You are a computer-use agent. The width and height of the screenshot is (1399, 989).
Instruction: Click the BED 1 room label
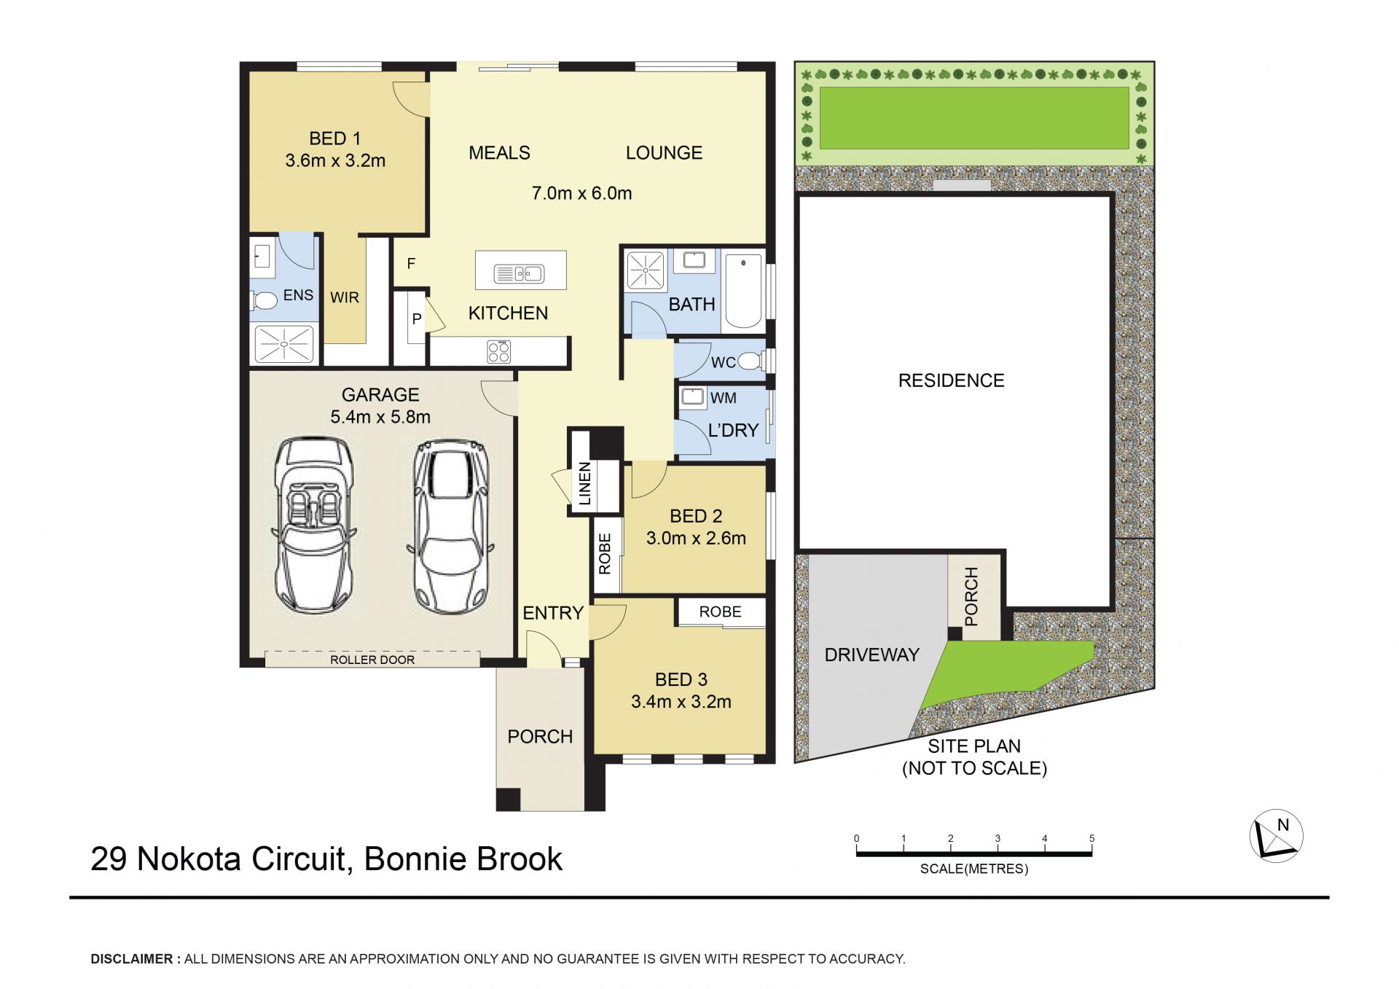point(334,138)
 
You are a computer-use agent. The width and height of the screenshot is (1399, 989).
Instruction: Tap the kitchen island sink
point(519,274)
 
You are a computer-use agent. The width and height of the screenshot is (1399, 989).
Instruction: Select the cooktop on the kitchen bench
point(499,351)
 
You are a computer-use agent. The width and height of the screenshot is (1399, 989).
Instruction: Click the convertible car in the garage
point(314,525)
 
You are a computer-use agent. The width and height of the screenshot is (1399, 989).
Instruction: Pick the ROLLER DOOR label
point(372,660)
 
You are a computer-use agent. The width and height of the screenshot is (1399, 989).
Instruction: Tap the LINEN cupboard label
point(584,483)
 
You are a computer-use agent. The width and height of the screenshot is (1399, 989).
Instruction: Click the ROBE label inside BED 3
point(720,611)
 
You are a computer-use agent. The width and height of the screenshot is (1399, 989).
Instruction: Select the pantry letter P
point(417,318)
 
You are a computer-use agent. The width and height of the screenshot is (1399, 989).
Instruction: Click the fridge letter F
point(411,263)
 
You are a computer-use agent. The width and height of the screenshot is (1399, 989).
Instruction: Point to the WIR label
point(345,297)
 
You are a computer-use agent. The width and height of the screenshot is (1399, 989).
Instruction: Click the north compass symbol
point(1277,836)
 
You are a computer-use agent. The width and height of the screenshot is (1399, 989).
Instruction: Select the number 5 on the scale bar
point(1092,838)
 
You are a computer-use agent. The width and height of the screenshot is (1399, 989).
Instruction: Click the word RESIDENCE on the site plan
point(951,380)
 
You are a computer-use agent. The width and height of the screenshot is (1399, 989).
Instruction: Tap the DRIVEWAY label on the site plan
point(871,654)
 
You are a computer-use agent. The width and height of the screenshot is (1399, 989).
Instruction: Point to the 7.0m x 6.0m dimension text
point(581,193)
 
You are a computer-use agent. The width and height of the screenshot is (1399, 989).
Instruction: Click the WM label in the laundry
point(724,398)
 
